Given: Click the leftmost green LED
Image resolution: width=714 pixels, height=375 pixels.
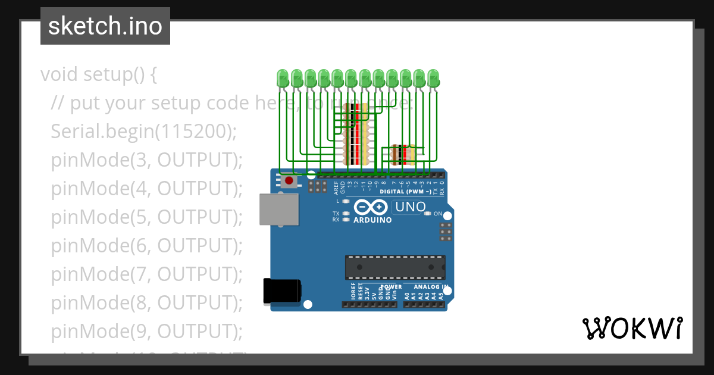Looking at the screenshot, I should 283,79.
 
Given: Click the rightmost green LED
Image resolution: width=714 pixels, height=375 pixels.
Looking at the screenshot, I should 433,79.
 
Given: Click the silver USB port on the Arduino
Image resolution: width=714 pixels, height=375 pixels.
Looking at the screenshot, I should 279,210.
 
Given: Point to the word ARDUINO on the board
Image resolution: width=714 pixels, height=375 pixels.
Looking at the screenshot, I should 372,220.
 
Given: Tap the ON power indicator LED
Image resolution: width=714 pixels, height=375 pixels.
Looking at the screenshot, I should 428,213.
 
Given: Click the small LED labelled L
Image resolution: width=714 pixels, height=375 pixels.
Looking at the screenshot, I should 346,201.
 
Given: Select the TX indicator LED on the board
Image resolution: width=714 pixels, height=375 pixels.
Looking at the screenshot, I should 346,213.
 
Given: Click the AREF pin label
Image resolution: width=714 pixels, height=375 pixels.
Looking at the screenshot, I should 336,189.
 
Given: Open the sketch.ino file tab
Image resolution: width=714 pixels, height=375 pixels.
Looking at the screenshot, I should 105,26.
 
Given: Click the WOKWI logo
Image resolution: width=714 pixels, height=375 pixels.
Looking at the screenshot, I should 632,328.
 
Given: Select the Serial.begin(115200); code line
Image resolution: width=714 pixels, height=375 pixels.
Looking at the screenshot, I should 143,132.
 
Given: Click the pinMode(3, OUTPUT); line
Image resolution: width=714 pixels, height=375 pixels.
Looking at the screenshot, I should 146,160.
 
